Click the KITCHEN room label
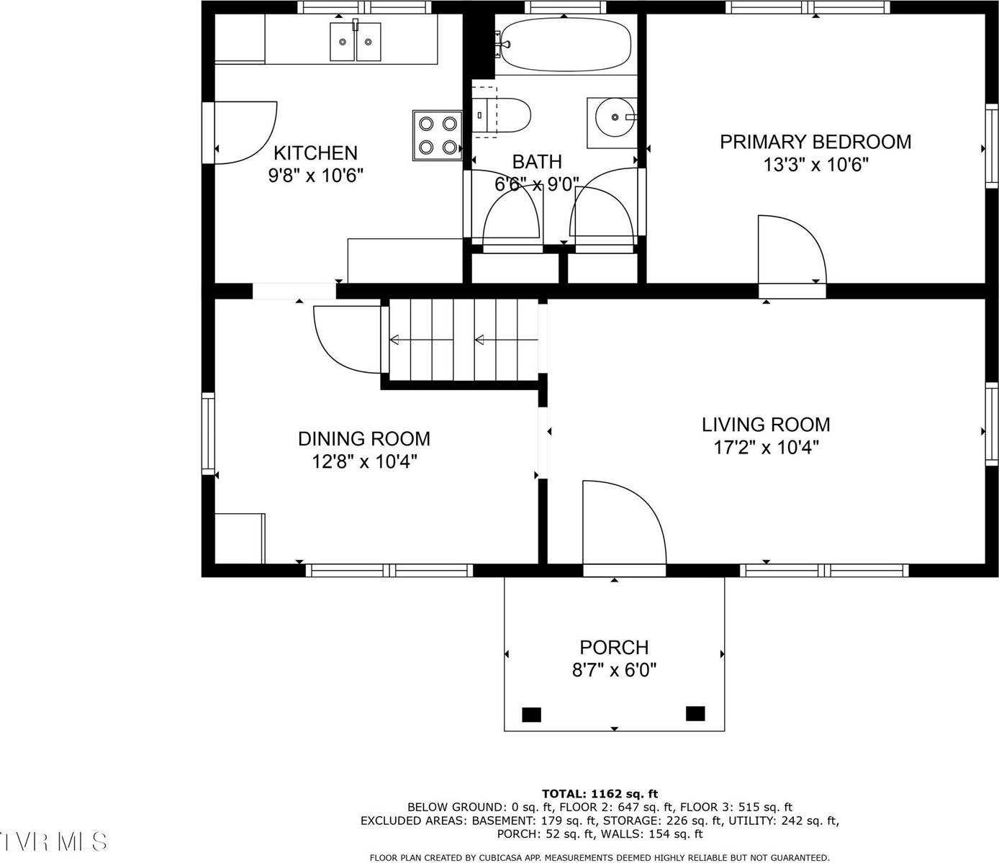pos(315,153)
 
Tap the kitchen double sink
pos(355,42)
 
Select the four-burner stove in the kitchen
pos(438,135)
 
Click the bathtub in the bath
pos(565,43)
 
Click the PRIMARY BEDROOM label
pos(815,142)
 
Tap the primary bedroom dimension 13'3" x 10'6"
pos(815,165)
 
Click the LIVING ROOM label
pos(766,425)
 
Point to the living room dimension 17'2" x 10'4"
pos(766,448)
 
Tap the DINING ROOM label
pos(364,438)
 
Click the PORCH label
pos(614,647)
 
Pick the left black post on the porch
pos(531,714)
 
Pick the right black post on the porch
pos(695,713)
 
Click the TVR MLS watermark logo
pos(54,841)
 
